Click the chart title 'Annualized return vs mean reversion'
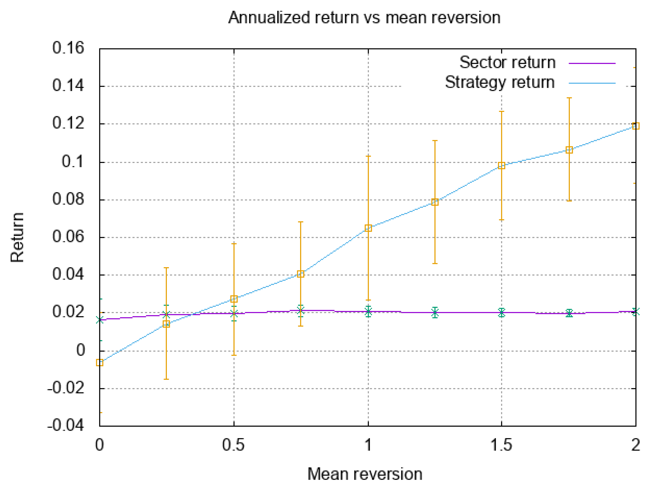pos(364,18)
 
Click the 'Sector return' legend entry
pos(507,63)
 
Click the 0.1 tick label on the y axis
pos(72,162)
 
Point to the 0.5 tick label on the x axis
pos(233,445)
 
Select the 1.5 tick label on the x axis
pos(501,445)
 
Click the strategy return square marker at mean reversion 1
pos(368,228)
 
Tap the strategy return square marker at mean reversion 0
pos(100,363)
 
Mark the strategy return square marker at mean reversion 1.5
pos(501,165)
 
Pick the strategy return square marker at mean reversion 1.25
pos(435,202)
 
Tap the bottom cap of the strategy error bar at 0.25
pos(166,379)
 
